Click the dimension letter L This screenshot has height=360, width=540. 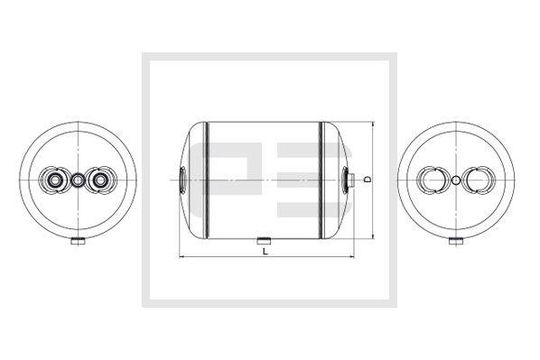coord(264,252)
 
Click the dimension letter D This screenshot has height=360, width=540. coord(368,179)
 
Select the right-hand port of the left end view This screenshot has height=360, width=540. coord(99,180)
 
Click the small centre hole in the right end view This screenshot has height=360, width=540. coord(458,180)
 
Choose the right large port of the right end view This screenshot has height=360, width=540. coord(478,180)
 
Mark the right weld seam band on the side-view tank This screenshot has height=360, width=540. coord(320,180)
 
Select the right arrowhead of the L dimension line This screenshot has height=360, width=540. coord(350,259)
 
